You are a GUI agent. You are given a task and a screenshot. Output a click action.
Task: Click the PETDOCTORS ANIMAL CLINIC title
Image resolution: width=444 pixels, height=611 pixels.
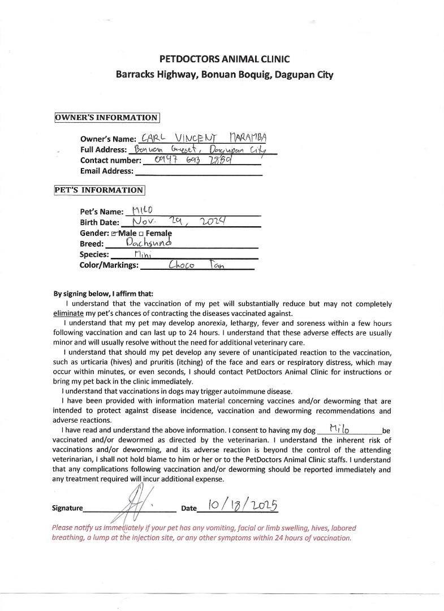click(x=225, y=59)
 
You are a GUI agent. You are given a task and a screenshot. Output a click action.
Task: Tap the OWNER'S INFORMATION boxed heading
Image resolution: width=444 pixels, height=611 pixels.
click(x=106, y=118)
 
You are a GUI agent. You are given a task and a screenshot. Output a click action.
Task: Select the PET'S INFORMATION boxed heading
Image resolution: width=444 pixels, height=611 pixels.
click(x=99, y=190)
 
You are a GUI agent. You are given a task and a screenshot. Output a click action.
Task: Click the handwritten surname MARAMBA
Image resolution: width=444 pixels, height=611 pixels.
click(x=248, y=138)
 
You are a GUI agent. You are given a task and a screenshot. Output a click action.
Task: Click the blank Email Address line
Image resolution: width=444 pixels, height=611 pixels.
click(x=198, y=171)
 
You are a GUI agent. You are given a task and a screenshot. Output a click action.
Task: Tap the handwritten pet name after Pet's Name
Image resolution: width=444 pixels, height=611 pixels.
click(x=140, y=211)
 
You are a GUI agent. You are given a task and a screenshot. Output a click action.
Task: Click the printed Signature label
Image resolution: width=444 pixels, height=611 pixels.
click(x=67, y=508)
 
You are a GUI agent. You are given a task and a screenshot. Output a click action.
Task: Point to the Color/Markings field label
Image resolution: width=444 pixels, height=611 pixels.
click(x=109, y=265)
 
